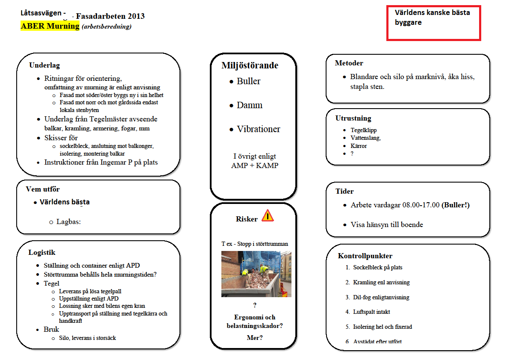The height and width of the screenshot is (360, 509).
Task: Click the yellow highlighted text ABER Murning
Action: (50, 26)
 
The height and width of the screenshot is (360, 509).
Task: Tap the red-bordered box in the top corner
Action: (434, 23)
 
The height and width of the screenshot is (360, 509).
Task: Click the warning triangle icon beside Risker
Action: (268, 215)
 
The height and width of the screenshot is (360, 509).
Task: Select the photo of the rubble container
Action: (256, 274)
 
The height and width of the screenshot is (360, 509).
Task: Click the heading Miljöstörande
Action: (250, 65)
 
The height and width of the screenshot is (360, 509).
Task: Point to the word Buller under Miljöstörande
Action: (248, 81)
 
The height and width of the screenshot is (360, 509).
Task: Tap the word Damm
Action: (250, 105)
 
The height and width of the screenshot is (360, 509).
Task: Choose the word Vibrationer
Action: (258, 129)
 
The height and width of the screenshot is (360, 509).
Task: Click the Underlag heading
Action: (44, 65)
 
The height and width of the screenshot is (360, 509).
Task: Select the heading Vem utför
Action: (43, 189)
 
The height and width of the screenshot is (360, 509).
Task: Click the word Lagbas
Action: (68, 221)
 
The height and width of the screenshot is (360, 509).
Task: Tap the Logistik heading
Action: (42, 252)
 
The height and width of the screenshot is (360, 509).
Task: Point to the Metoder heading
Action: (349, 63)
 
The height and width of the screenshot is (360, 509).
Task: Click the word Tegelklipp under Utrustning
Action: (364, 130)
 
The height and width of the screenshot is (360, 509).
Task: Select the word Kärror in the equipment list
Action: (359, 146)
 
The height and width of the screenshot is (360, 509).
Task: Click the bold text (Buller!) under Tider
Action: (456, 205)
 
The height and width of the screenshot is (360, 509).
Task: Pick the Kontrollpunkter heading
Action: (365, 256)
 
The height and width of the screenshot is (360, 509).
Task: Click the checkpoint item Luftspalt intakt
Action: (371, 312)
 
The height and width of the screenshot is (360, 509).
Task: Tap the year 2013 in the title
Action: (136, 16)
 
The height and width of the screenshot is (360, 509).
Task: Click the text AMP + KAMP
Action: (254, 165)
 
